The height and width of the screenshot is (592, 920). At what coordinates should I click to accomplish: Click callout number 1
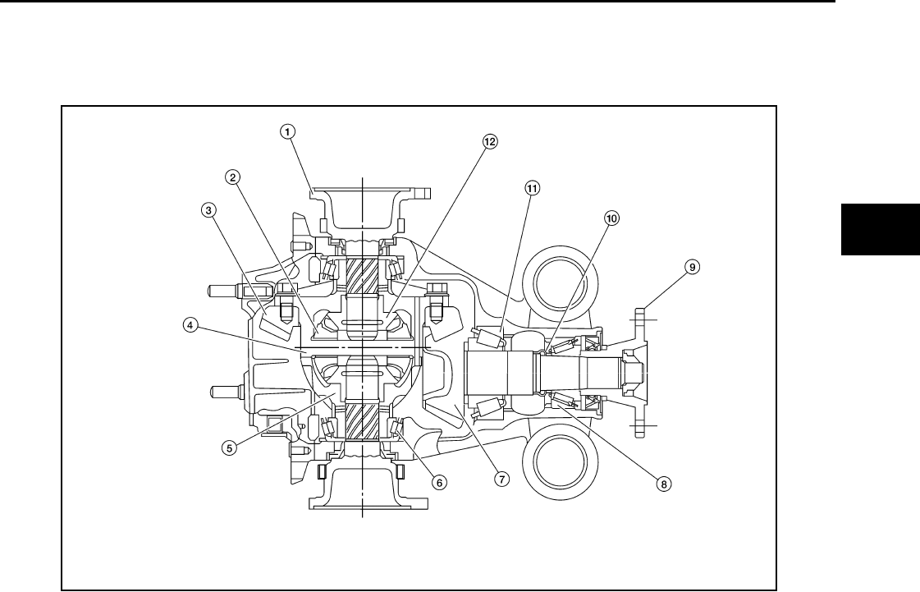pos(288,130)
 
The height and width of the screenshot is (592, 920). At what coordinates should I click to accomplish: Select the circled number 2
pos(234,177)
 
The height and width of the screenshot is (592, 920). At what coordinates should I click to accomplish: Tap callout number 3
pos(210,209)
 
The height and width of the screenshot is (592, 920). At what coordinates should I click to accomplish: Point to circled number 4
pos(190,324)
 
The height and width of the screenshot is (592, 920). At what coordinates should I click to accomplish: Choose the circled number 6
pos(440,483)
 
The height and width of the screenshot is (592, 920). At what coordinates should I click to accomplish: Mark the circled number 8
pos(663,484)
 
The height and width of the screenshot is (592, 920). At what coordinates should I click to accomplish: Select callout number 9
pos(693,267)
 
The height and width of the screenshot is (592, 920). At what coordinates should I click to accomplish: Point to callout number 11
pos(532,188)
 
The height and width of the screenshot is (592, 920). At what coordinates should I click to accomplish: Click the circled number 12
pos(490,141)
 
